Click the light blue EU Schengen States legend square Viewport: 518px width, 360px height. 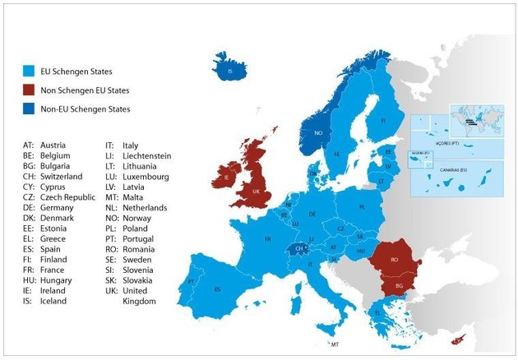pyautogui.click(x=30, y=72)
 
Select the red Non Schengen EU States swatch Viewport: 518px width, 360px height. pyautogui.click(x=30, y=90)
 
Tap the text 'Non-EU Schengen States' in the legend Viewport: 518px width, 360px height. pyautogui.click(x=86, y=108)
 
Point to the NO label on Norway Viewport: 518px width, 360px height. pyautogui.click(x=317, y=132)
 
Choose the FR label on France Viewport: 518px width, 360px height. pyautogui.click(x=268, y=239)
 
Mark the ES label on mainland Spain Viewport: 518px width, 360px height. pyautogui.click(x=218, y=289)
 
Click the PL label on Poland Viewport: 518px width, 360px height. pyautogui.click(x=362, y=208)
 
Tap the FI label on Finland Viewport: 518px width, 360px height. pyautogui.click(x=383, y=120)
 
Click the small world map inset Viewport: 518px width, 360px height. pyautogui.click(x=476, y=120)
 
